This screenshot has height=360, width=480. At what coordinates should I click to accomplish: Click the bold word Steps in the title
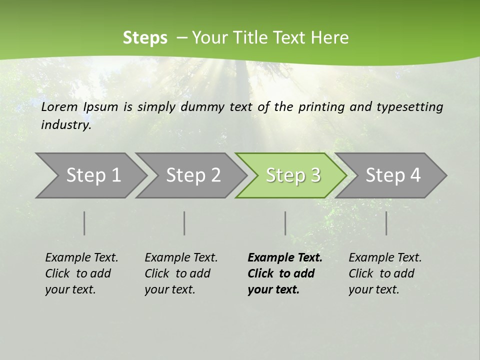[x=145, y=38]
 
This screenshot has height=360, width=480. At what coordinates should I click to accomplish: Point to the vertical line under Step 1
[x=84, y=223]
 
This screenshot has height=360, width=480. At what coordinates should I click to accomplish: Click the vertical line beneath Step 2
[x=184, y=223]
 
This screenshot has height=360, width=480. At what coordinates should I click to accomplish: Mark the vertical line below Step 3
[x=285, y=223]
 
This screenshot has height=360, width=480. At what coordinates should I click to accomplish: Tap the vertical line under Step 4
[x=386, y=223]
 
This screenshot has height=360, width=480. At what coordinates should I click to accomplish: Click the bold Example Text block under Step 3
[x=285, y=273]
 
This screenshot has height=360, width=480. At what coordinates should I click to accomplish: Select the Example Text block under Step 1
[x=81, y=273]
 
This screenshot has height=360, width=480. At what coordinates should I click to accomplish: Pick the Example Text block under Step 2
[x=181, y=273]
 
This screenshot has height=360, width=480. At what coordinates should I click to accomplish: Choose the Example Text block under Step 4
[x=385, y=273]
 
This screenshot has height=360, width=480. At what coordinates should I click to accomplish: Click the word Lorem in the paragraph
[x=59, y=107]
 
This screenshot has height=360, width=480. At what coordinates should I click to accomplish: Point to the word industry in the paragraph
[x=66, y=125]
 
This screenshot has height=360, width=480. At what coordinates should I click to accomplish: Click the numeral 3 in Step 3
[x=315, y=175]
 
